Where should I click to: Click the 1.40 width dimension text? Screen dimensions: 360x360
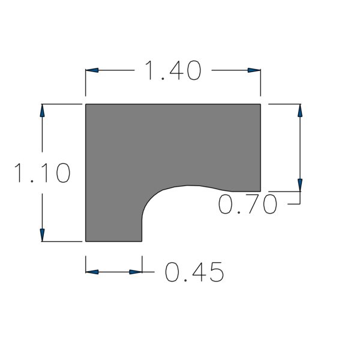(173, 70)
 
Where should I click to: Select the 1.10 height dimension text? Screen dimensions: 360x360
(42, 173)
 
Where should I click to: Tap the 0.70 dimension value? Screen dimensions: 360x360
(247, 204)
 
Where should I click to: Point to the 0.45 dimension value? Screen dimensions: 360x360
(194, 272)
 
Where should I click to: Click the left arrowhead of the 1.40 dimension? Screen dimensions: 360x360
(92, 70)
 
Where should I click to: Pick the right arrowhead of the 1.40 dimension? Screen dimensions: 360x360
(254, 70)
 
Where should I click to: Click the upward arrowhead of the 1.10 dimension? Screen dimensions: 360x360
(42, 110)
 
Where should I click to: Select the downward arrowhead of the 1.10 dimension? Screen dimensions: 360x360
(42, 235)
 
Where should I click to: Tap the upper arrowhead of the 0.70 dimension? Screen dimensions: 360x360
(300, 110)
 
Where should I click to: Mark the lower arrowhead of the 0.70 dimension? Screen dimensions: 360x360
(300, 185)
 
